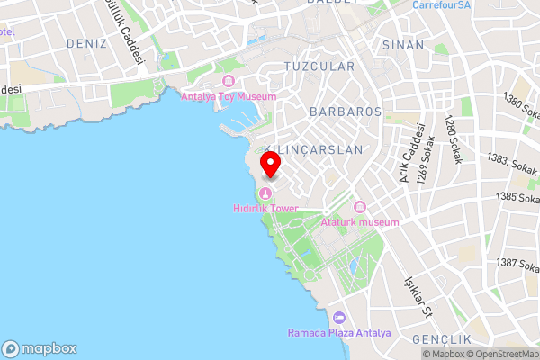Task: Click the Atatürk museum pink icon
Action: (x=361, y=208)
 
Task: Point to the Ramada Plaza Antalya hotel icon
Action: (x=339, y=318)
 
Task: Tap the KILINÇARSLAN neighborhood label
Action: (x=314, y=149)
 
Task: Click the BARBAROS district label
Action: (x=345, y=112)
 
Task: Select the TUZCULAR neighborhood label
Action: (x=319, y=67)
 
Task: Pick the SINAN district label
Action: (x=402, y=44)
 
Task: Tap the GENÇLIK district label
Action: (x=441, y=339)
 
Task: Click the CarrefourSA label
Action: (x=442, y=4)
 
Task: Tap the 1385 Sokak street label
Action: (x=517, y=196)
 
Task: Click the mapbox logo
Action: (x=40, y=348)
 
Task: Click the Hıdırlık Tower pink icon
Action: (x=265, y=193)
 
